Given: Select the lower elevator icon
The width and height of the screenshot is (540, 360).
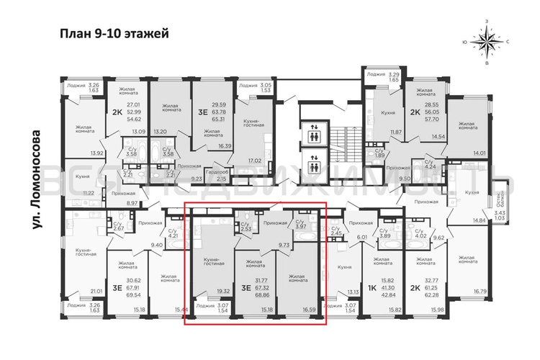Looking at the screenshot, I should [315, 158].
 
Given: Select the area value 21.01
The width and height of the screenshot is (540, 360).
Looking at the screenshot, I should [95, 291].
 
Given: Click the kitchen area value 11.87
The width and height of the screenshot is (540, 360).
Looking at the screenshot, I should [395, 132].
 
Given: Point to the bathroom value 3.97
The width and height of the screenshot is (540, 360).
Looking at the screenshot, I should [302, 228].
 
